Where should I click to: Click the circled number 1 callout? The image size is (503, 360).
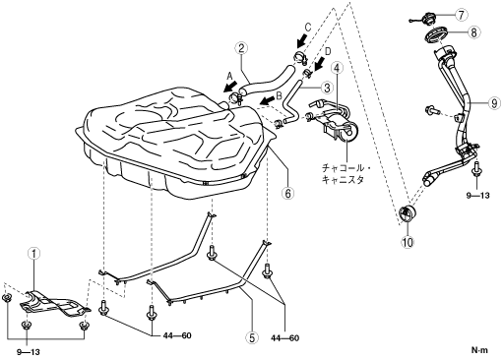click(x=34, y=254)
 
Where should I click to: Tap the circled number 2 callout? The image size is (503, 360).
click(x=241, y=48)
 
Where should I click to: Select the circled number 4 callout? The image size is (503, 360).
click(x=337, y=68)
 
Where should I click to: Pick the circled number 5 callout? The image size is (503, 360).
click(x=252, y=337)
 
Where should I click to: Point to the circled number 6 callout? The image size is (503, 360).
click(x=287, y=194)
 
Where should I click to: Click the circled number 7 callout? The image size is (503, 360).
click(x=462, y=15)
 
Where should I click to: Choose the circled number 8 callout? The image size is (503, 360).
click(x=474, y=32)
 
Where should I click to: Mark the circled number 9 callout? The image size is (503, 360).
click(x=494, y=103)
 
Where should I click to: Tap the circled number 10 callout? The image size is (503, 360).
click(x=408, y=242)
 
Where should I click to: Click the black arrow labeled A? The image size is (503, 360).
click(x=229, y=87)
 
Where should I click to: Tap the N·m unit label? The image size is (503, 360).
click(x=479, y=350)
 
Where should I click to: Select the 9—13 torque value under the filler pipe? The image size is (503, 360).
click(x=477, y=196)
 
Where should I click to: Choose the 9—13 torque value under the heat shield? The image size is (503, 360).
click(x=29, y=352)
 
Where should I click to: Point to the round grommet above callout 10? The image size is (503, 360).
click(x=407, y=213)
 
